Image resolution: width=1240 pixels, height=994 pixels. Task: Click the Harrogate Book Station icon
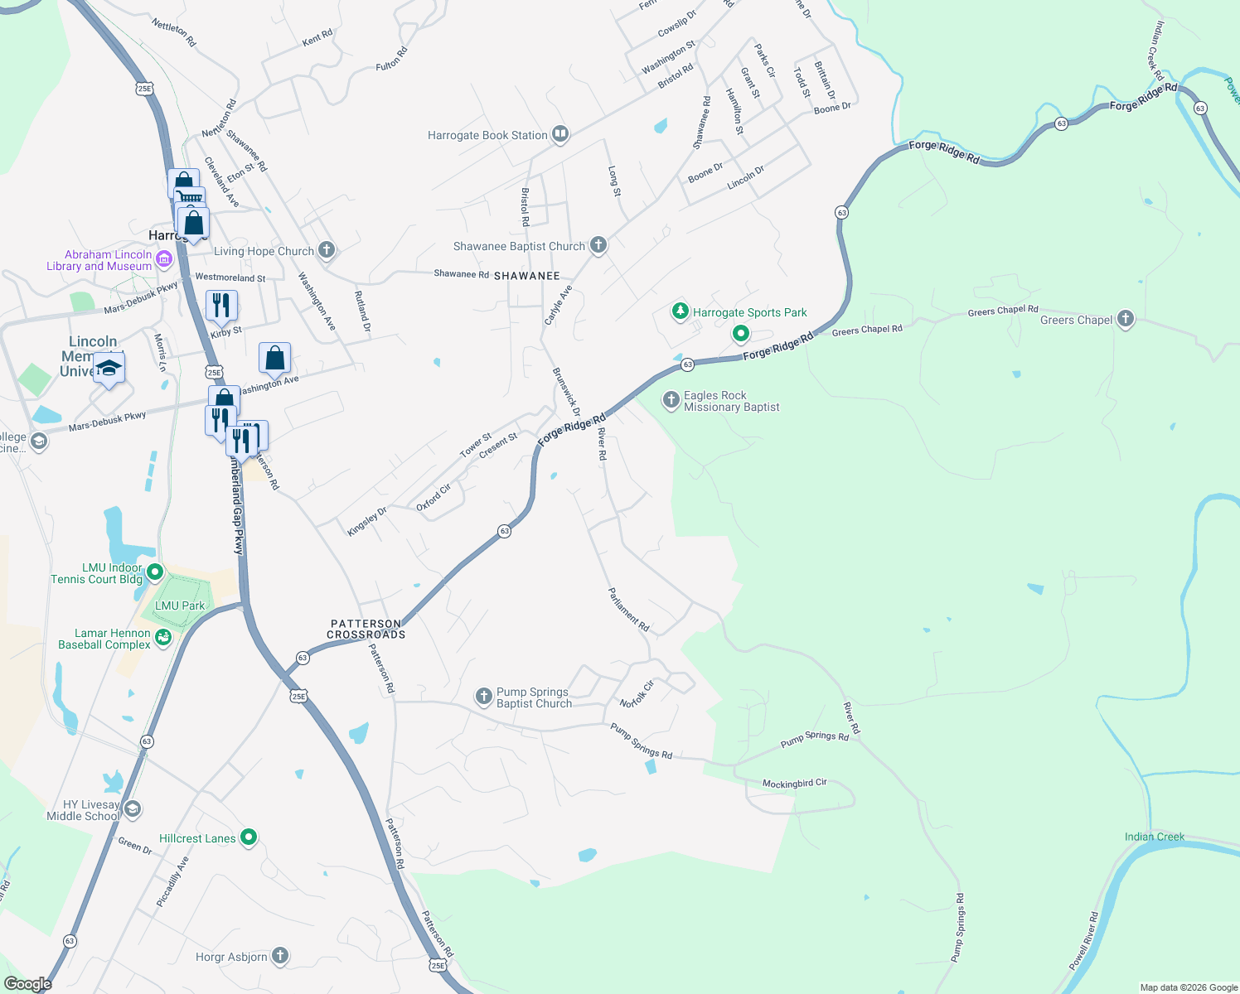[560, 134]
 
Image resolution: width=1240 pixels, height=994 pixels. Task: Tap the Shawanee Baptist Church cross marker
[598, 245]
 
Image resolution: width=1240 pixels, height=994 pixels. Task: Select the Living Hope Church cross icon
[327, 249]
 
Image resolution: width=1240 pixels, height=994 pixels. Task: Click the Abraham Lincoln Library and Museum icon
[164, 260]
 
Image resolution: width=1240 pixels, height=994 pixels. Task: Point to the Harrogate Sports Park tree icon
[681, 311]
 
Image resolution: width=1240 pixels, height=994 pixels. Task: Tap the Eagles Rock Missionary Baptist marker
[671, 401]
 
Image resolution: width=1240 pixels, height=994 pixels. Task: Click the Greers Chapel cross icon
[1125, 318]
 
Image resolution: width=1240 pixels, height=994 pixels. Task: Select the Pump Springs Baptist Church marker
[484, 697]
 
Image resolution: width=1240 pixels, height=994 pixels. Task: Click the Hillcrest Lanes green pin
[248, 837]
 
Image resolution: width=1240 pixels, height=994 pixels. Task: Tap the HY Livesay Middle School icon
[133, 808]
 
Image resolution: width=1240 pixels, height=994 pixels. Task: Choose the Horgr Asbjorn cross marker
[280, 956]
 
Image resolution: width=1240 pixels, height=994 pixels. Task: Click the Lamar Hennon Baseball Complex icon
[162, 637]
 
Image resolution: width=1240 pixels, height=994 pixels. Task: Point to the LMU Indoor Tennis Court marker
[154, 572]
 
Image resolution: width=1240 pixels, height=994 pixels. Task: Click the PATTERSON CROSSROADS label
[366, 630]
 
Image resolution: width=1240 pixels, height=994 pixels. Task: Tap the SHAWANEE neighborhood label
[527, 276]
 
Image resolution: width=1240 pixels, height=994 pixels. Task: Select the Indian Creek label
[1154, 837]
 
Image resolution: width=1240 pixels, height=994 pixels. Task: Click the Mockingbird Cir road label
[794, 783]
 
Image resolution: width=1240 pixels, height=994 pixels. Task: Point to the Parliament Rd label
[628, 610]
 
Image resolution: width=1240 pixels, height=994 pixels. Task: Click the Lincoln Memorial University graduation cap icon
[109, 368]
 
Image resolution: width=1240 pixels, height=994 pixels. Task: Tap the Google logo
[28, 983]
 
